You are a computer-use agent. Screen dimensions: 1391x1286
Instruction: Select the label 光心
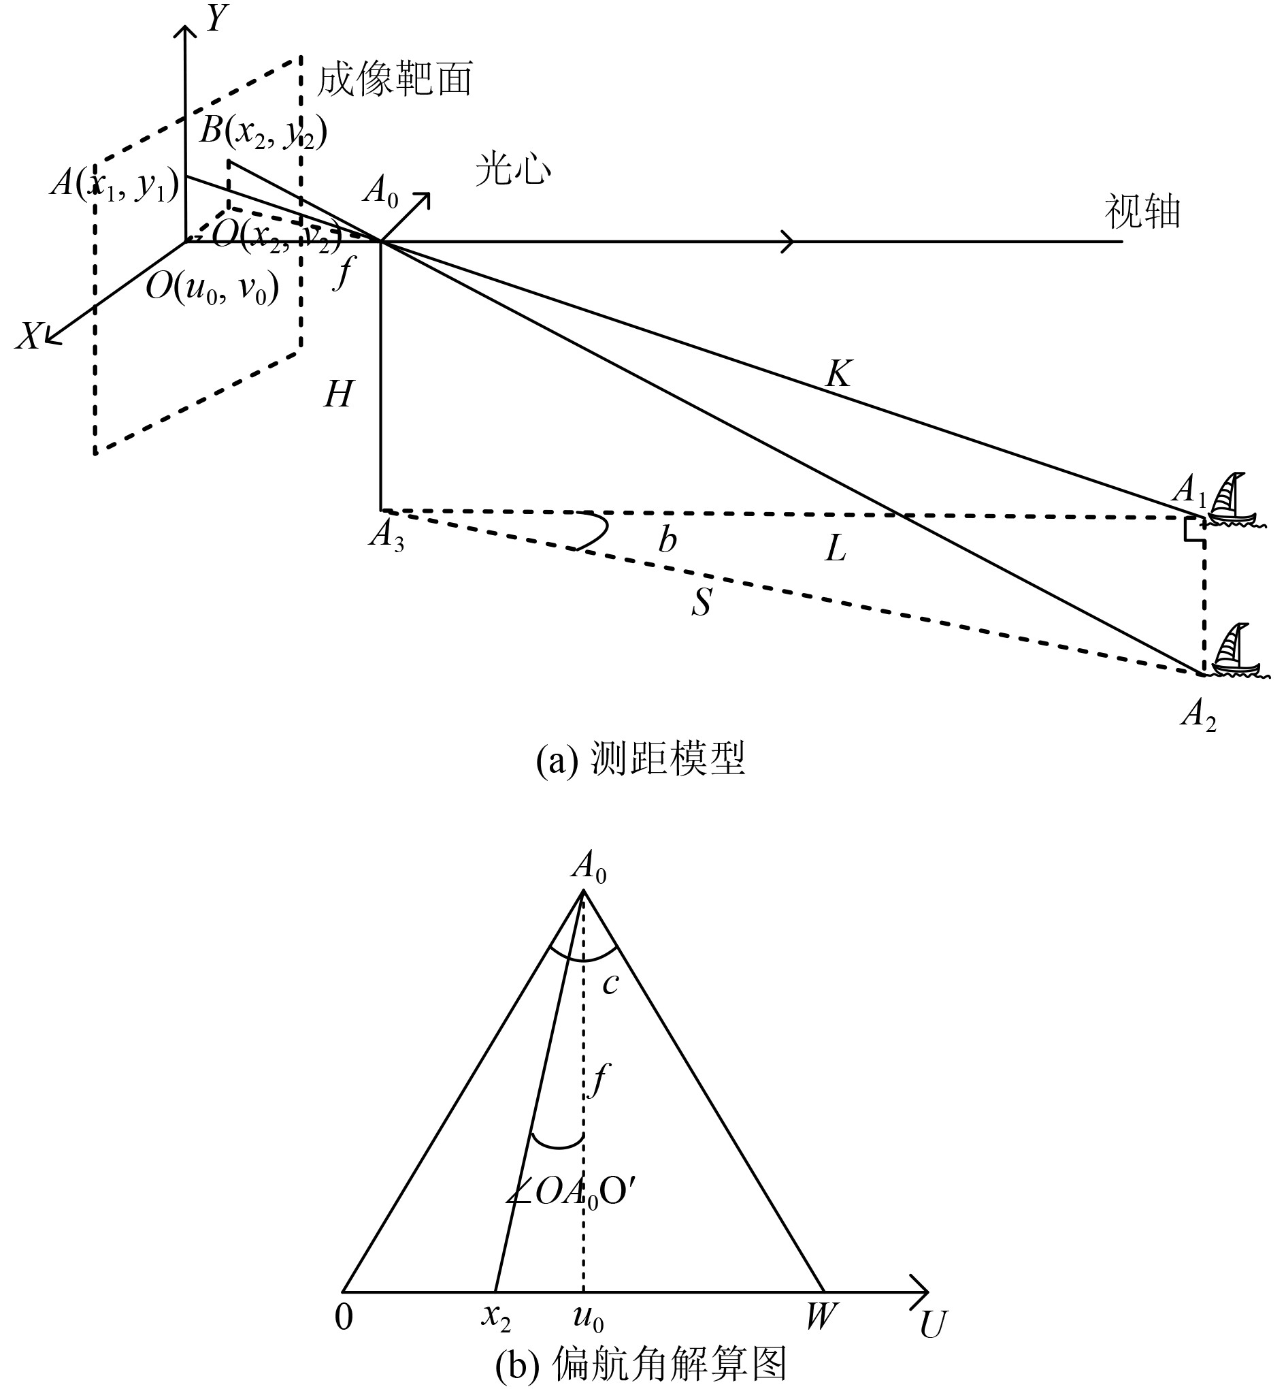(x=513, y=169)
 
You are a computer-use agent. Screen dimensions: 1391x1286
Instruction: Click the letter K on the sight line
(x=838, y=374)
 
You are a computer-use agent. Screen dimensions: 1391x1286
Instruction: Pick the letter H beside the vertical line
(x=338, y=395)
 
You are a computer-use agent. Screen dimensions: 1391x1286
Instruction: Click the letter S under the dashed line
(x=701, y=602)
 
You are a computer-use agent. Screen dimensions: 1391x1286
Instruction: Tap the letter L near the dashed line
(x=835, y=550)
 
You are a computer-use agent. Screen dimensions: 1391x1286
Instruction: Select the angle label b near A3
(x=667, y=539)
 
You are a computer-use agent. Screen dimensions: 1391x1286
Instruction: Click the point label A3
(x=387, y=536)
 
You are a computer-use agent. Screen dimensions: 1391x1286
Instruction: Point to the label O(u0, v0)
(x=212, y=287)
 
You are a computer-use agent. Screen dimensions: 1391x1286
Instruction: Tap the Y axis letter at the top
(x=217, y=20)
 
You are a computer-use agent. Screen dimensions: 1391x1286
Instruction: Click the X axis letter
(x=29, y=337)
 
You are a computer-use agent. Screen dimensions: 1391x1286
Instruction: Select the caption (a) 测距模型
(x=640, y=759)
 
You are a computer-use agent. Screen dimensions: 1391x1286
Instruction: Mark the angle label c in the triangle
(x=610, y=984)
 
